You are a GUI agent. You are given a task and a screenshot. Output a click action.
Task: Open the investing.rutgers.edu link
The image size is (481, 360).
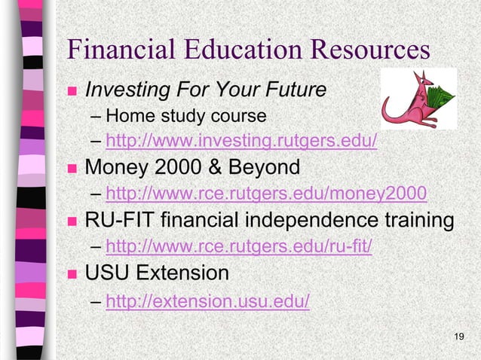coord(242,142)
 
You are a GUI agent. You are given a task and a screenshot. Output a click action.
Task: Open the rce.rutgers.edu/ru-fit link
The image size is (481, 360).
coord(239,248)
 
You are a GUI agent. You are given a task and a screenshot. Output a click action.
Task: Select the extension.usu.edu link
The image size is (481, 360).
coord(208,301)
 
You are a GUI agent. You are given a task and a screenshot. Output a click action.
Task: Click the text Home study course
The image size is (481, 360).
coord(186,117)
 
